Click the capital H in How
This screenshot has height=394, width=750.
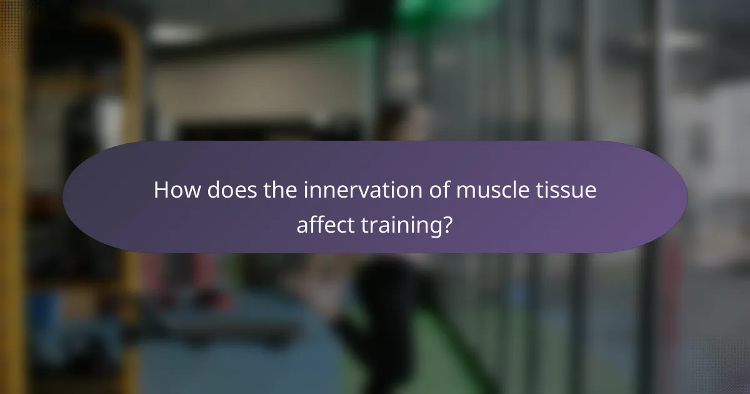pyautogui.click(x=161, y=189)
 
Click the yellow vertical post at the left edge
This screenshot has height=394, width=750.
pyautogui.click(x=12, y=250)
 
